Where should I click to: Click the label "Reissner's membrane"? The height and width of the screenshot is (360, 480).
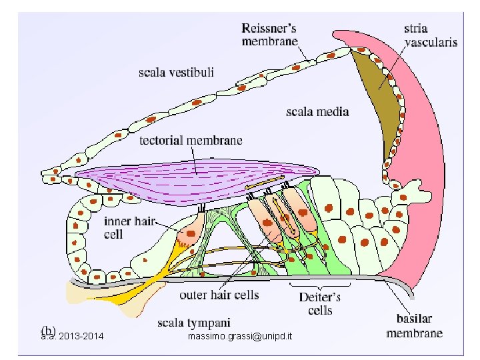click(x=269, y=34)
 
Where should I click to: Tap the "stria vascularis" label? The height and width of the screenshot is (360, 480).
click(x=431, y=35)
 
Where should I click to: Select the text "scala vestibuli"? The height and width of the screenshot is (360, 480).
click(x=177, y=72)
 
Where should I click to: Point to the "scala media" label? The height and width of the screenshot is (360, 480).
click(x=317, y=111)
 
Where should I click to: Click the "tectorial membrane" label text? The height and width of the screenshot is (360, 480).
click(x=191, y=141)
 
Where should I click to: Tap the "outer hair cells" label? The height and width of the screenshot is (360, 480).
click(x=219, y=294)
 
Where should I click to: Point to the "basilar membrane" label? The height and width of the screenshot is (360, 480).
click(x=414, y=327)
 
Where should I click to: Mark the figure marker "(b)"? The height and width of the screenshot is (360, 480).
click(x=48, y=330)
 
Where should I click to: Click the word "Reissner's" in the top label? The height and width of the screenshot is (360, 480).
click(x=269, y=27)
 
